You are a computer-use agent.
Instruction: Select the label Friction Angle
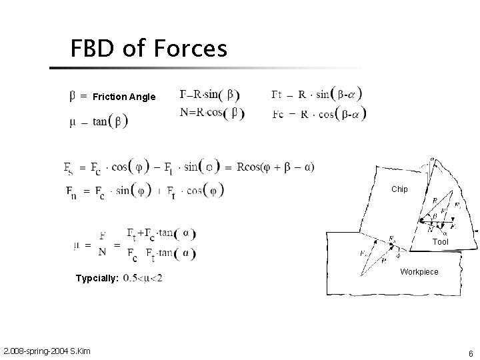[x=124, y=97]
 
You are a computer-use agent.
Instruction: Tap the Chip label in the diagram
[x=399, y=189]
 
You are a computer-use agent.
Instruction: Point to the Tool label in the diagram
[x=441, y=242]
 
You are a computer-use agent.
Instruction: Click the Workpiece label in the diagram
[x=419, y=272]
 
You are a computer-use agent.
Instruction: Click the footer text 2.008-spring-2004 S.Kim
[x=47, y=351]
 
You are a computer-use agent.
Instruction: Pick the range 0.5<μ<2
[x=143, y=277]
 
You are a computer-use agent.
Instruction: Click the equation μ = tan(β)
[x=99, y=121]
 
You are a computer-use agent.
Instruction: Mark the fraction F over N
[x=103, y=243]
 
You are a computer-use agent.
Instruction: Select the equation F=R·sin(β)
[x=210, y=94]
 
